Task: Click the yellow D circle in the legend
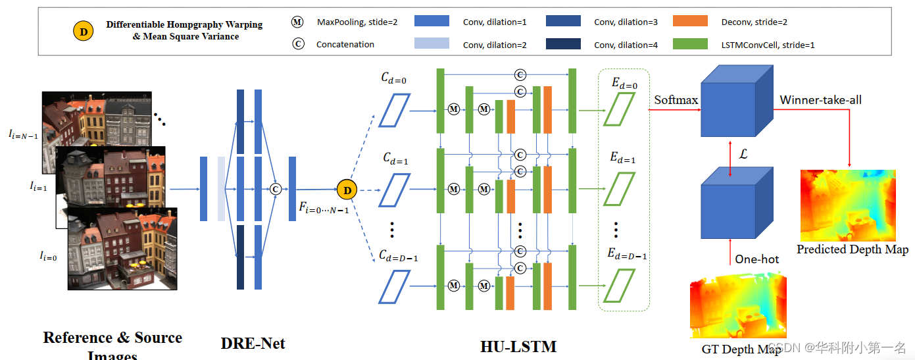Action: [x=82, y=31]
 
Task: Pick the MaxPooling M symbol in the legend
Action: [x=297, y=22]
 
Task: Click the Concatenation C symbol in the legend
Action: [x=297, y=45]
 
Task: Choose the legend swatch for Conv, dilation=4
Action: [x=563, y=44]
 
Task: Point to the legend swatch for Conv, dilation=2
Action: [x=432, y=44]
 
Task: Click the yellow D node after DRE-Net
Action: [x=346, y=190]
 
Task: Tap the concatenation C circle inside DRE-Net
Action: [x=276, y=189]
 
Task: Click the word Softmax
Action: [x=676, y=100]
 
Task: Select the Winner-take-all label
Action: [x=820, y=100]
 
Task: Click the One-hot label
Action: [x=756, y=259]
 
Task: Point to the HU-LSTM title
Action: [x=518, y=346]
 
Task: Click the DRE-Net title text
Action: [x=253, y=343]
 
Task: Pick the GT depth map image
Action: [x=737, y=307]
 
